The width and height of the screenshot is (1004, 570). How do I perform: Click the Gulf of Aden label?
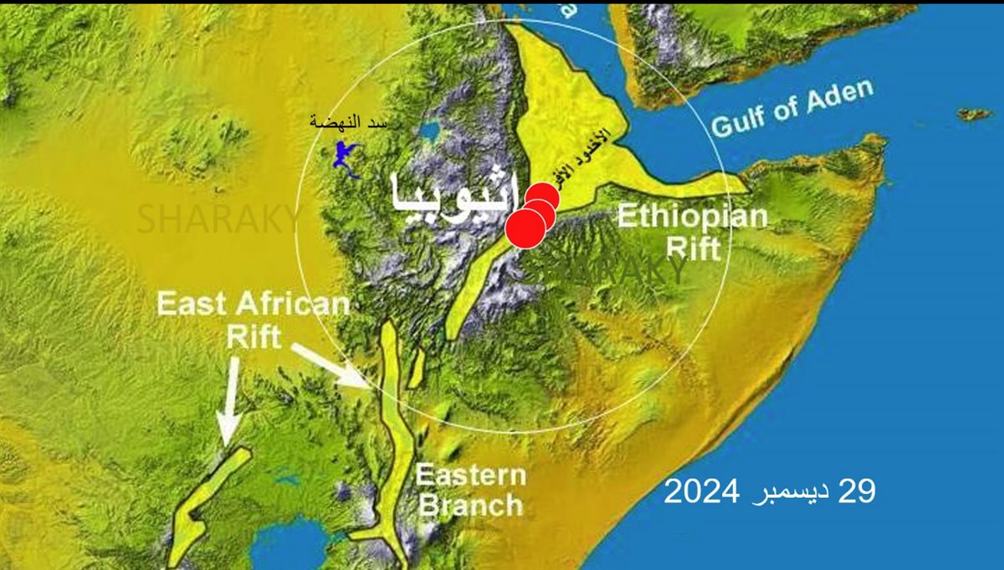click(791, 109)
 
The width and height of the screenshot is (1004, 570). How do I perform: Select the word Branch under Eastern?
click(470, 505)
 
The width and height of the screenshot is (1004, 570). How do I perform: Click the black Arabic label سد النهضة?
click(348, 122)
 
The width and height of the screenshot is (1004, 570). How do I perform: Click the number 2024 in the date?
click(701, 492)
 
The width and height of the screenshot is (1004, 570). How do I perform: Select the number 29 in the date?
click(855, 492)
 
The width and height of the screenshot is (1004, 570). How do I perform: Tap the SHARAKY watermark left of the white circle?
click(218, 219)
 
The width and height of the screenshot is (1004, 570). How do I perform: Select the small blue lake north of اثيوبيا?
click(430, 132)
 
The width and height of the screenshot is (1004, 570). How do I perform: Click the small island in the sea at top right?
click(974, 114)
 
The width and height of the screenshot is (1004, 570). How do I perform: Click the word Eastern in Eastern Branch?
click(471, 476)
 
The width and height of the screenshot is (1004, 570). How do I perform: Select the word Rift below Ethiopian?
click(692, 248)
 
